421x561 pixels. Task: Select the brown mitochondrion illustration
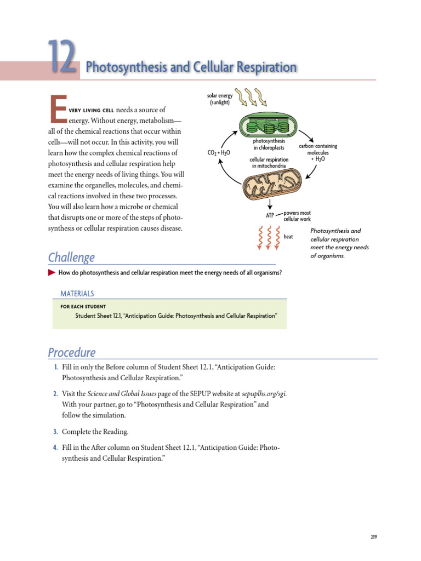269,183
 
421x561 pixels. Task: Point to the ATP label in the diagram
270,216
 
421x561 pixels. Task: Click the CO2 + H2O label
219,153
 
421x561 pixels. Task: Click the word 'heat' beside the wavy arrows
288,237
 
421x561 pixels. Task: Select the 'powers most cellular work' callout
297,216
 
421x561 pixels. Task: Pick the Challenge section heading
71,257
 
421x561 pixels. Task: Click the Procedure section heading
71,352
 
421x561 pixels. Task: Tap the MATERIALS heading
77,294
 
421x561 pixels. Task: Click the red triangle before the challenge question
52,272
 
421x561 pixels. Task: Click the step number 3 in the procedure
55,432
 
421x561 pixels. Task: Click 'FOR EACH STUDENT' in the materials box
83,306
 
